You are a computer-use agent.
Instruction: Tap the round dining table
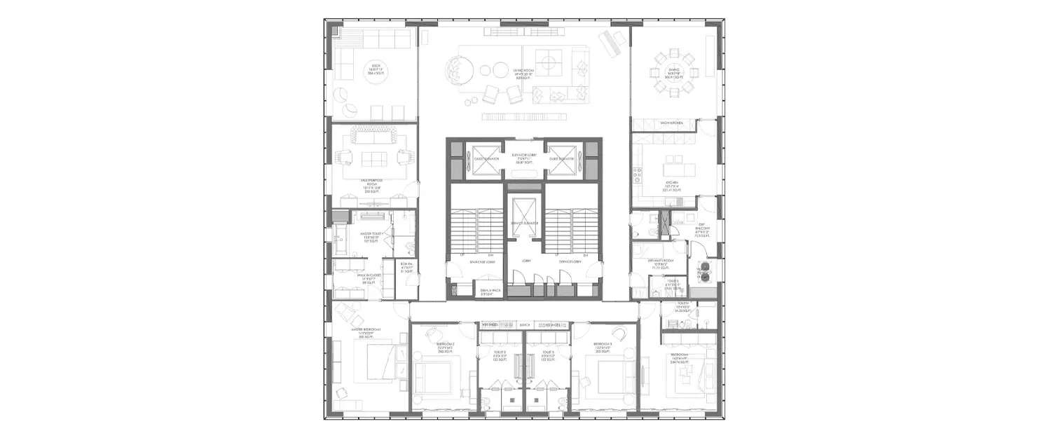point(673,69)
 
